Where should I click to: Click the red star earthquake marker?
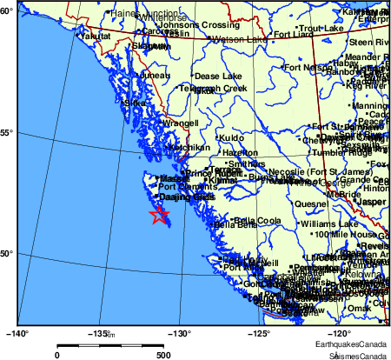(159, 215)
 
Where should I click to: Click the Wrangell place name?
(181, 123)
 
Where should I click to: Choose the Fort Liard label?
(294, 35)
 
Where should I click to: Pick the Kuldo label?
(231, 137)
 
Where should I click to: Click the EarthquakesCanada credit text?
(353, 345)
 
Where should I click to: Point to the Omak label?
(359, 308)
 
